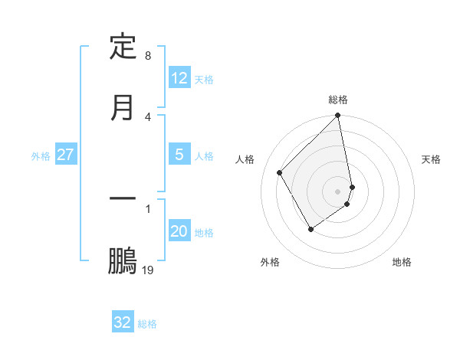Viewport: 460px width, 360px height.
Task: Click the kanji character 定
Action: (x=123, y=46)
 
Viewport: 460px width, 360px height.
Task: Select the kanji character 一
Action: (x=123, y=199)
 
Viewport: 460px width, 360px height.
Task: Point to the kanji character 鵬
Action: (x=123, y=260)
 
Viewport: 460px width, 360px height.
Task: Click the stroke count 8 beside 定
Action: (x=148, y=56)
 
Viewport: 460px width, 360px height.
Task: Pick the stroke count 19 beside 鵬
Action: (x=148, y=270)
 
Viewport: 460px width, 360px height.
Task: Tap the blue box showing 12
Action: (x=179, y=78)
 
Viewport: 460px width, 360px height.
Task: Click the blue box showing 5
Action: (x=179, y=155)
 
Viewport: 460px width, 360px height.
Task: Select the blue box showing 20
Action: (x=179, y=231)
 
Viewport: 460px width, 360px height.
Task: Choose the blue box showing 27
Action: (x=66, y=155)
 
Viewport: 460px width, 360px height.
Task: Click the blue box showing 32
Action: (x=123, y=322)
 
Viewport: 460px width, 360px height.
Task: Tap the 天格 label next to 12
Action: (x=204, y=80)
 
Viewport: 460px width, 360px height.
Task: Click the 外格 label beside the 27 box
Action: (x=41, y=156)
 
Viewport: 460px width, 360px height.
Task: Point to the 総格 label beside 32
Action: (x=147, y=324)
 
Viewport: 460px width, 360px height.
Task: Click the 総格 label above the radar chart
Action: (x=338, y=100)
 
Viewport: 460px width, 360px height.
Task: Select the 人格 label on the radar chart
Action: (x=245, y=159)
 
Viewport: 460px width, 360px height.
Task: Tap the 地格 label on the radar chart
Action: (x=402, y=262)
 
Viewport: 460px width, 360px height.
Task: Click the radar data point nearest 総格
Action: (x=338, y=116)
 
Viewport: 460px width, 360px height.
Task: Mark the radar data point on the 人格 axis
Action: (x=280, y=172)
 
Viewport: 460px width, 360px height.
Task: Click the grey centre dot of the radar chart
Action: (x=338, y=191)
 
